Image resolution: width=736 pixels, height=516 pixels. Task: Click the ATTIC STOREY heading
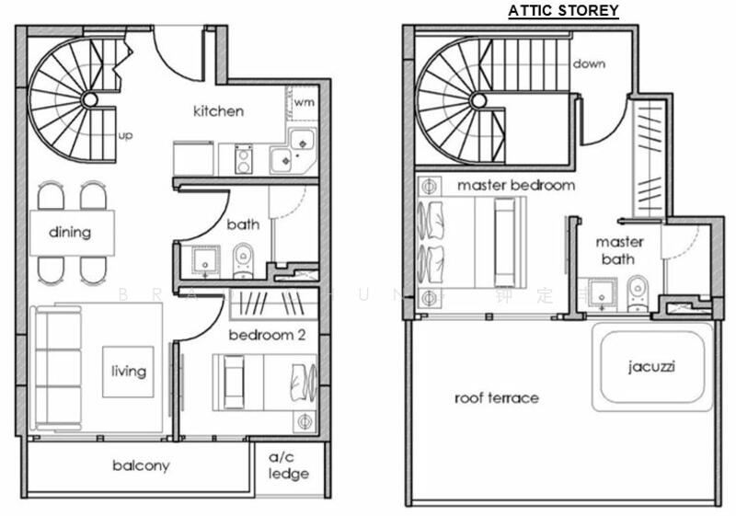click(x=564, y=11)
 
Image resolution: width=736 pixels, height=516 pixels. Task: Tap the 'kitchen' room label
click(x=218, y=111)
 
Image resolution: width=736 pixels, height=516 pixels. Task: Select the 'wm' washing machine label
click(x=305, y=101)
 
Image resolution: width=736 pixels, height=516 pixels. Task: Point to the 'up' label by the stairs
click(x=126, y=135)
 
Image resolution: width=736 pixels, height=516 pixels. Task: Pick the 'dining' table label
click(x=70, y=232)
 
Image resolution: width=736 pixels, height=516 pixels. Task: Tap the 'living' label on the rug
click(x=128, y=371)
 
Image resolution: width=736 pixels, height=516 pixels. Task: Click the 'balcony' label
click(x=141, y=465)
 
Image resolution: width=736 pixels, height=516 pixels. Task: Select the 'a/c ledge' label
click(x=289, y=465)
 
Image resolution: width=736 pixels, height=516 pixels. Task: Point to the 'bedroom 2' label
click(x=267, y=335)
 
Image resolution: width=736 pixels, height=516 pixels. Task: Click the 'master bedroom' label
click(x=516, y=185)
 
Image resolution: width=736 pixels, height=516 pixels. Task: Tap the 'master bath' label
click(x=619, y=250)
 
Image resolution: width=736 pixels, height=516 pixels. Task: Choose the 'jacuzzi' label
click(x=652, y=365)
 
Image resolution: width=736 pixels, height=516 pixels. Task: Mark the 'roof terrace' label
click(x=497, y=398)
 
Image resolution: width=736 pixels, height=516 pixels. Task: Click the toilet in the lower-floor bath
click(x=243, y=259)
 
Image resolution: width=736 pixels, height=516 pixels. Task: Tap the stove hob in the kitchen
click(x=244, y=159)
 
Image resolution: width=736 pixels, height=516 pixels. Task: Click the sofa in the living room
click(x=53, y=368)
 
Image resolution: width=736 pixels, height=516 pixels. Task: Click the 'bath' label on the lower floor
click(x=243, y=224)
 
